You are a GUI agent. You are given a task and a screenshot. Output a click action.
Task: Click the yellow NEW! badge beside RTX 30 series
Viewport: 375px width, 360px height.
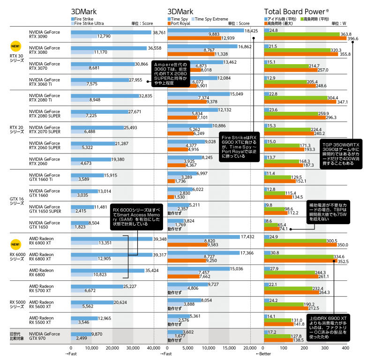tap(15, 46)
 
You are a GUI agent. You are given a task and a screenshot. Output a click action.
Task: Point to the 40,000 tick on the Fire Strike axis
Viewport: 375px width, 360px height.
tap(154, 348)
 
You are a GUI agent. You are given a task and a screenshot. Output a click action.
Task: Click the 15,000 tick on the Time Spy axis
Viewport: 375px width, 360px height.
tap(230, 348)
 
